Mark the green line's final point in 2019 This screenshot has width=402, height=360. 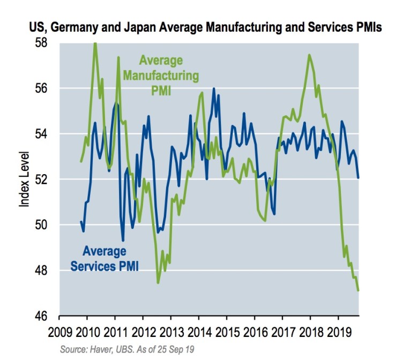point(358,290)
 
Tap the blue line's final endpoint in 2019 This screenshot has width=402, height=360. point(358,177)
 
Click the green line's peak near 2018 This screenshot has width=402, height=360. point(309,55)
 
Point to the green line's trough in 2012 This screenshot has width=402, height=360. point(158,283)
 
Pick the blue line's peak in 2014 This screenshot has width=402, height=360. point(214,88)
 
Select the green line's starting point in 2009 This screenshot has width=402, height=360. point(81,161)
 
